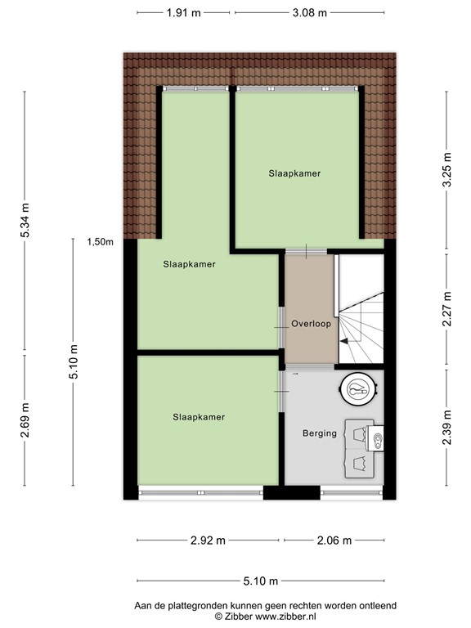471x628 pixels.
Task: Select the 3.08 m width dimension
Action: [x=311, y=12]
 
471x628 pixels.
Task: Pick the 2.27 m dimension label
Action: [x=446, y=309]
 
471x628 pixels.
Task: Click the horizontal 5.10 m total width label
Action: [x=260, y=581]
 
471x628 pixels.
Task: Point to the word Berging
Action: [x=319, y=433]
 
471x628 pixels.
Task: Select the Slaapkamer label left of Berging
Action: [x=198, y=417]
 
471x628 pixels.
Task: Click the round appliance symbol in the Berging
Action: [x=358, y=392]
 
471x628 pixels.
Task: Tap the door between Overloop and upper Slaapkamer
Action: [x=307, y=250]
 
